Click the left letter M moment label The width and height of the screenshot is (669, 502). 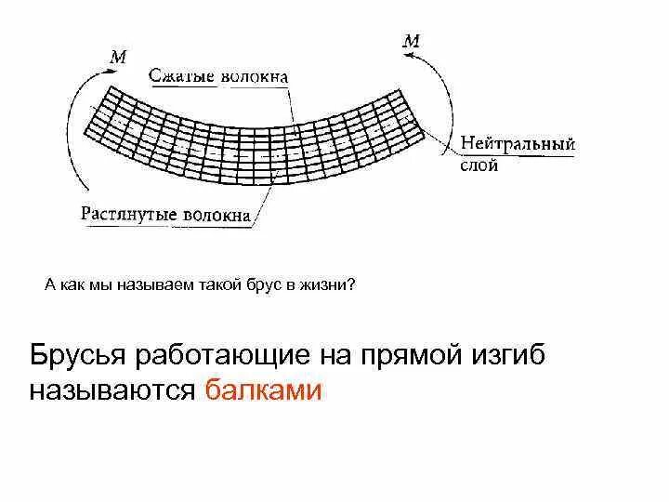118,58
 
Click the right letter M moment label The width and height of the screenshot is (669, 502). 411,41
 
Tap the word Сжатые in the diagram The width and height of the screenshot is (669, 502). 183,76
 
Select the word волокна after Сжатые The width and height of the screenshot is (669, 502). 254,77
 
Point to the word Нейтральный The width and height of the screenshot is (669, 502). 518,145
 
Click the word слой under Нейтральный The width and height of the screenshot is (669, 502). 479,165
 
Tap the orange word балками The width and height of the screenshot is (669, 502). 263,390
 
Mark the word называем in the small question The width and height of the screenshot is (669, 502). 155,285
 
